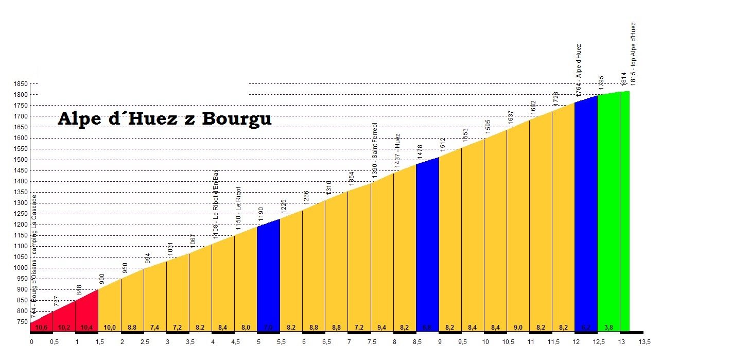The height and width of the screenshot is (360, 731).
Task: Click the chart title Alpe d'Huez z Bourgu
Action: (164, 118)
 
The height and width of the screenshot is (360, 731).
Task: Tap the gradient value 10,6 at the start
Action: (42, 327)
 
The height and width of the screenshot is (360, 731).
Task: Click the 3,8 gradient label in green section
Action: (608, 327)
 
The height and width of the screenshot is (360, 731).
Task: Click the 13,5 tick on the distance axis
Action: (644, 341)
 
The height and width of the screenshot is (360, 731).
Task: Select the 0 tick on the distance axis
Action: (31, 341)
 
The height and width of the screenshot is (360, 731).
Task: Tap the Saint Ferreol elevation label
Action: (375, 151)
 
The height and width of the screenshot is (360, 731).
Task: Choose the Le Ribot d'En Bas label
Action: (216, 204)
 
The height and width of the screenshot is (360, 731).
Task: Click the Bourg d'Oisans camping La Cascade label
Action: (34, 256)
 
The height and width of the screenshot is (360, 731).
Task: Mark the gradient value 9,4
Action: (382, 327)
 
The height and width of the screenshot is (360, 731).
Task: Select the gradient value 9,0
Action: (518, 327)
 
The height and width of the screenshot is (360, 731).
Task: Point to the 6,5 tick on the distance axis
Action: (326, 341)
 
